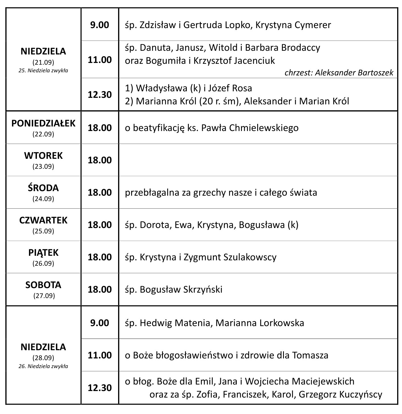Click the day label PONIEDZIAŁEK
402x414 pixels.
point(43,124)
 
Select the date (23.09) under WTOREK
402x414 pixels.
point(43,166)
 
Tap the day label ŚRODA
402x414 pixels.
point(43,188)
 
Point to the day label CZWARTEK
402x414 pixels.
point(43,220)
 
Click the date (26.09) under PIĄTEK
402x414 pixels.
point(43,263)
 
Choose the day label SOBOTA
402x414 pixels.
point(43,285)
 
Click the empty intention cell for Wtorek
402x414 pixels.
point(258,160)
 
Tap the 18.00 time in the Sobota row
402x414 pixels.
point(100,290)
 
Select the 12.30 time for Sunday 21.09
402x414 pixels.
point(100,95)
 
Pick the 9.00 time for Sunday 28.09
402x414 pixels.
point(100,323)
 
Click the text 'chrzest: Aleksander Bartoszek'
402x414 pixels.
point(339,73)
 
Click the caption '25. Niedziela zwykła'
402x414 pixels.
point(43,71)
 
